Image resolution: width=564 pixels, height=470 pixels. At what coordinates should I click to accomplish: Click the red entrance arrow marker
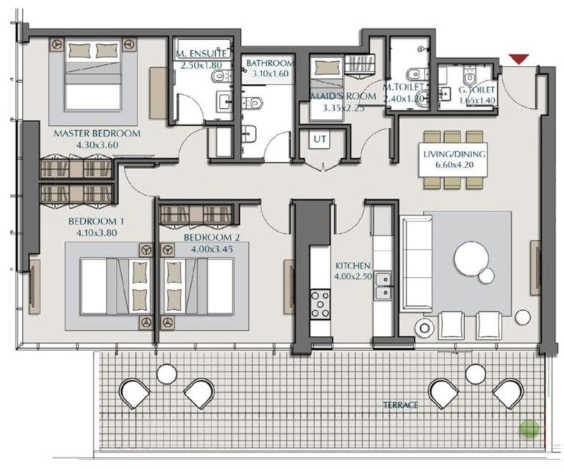tap(519, 59)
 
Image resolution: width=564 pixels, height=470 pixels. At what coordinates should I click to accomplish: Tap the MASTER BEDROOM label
tap(97, 134)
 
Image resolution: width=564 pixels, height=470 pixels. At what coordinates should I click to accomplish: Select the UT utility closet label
tap(319, 139)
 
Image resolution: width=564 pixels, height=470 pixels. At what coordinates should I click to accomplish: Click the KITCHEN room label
tap(352, 266)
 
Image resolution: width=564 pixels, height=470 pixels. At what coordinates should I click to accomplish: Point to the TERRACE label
tap(400, 405)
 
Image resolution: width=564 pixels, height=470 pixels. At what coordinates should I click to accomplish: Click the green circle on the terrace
tap(529, 430)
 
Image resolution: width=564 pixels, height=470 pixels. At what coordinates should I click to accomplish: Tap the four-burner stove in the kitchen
tap(320, 305)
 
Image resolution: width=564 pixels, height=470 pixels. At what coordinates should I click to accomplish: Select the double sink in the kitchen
tap(383, 286)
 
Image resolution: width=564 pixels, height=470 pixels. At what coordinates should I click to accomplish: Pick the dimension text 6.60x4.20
tap(454, 165)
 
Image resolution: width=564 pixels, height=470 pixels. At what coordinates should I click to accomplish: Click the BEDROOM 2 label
tap(211, 238)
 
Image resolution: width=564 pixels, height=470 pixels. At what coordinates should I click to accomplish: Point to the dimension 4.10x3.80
tap(97, 232)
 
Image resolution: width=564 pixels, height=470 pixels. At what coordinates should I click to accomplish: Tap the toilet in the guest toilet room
tap(469, 75)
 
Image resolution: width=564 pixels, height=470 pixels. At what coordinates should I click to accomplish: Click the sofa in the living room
tap(417, 263)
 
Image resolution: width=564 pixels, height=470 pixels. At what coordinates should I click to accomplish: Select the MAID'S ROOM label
tap(344, 96)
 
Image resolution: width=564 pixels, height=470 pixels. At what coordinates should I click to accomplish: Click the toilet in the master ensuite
tap(220, 76)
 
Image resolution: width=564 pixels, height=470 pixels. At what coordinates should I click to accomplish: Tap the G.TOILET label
tap(477, 90)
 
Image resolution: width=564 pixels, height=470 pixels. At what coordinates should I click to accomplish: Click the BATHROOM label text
tap(270, 63)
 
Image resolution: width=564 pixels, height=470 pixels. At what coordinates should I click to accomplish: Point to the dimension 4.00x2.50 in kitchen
tap(352, 277)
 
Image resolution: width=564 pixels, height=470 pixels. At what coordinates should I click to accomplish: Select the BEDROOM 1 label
tap(93, 221)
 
